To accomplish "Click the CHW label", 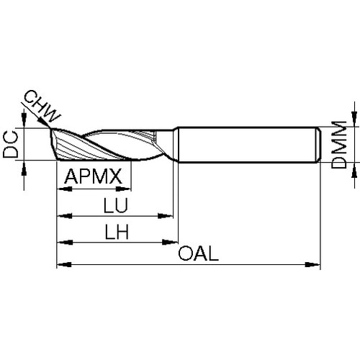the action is (x=42, y=107).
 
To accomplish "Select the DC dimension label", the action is (x=11, y=145).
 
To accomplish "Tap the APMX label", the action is (x=94, y=176).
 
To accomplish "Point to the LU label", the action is (x=115, y=205).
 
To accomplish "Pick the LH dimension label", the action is (x=117, y=232).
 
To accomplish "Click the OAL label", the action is (x=199, y=253).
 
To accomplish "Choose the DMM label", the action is (x=339, y=145).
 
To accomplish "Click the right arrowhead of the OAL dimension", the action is (x=312, y=265).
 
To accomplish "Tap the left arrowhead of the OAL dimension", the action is (x=64, y=265).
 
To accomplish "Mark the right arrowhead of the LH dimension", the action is (x=170, y=242).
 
